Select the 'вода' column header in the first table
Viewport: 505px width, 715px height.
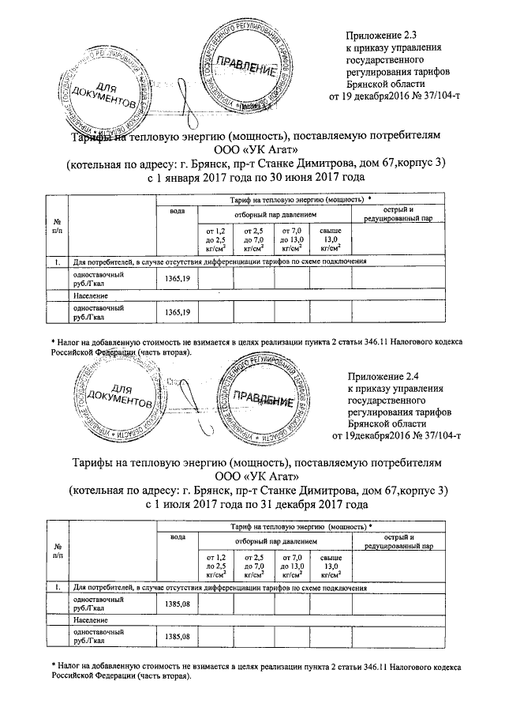click(x=178, y=212)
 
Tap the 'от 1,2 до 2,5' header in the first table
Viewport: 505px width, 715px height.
click(x=215, y=238)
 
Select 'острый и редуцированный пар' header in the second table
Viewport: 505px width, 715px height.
click(x=398, y=541)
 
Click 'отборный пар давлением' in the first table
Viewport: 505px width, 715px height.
click(x=274, y=214)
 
